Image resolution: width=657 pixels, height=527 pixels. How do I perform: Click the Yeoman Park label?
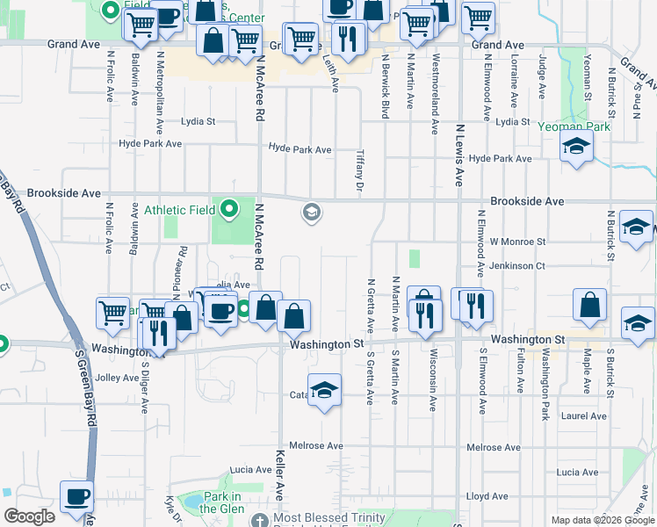pos(575,126)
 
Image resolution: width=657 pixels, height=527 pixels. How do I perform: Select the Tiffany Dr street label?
pos(359,170)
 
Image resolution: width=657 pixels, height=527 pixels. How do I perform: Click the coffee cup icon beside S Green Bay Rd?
pos(76,497)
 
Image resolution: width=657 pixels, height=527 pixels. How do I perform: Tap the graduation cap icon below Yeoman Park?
pos(575,147)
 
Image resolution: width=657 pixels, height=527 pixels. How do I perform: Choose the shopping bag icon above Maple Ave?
pos(589,305)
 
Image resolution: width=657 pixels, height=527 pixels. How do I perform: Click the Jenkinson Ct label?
pos(517,264)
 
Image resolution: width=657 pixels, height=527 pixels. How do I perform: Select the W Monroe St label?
pos(517,241)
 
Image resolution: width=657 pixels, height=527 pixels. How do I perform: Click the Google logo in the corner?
pos(29,516)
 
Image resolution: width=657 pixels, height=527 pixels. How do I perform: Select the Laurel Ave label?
pos(586,415)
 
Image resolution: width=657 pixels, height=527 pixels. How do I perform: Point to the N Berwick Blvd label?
pos(385,86)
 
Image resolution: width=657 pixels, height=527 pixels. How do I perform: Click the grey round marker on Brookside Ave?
pos(311,212)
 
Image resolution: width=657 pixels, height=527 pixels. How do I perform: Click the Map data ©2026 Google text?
pos(602,520)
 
